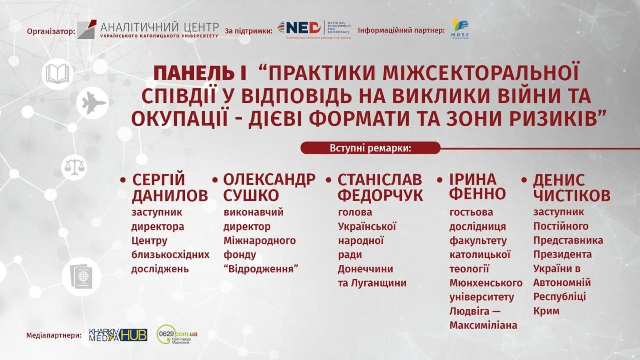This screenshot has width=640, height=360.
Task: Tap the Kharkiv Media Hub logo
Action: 118,335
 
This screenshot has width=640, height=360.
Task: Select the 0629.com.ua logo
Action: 177,334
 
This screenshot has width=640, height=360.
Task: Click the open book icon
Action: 58,74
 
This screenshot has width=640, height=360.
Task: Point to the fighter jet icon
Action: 93,103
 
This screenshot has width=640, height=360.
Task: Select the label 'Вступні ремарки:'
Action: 370,148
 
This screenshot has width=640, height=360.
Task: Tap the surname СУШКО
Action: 251,195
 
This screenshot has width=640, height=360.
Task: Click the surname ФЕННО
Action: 477,194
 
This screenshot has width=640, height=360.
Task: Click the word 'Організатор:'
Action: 51,32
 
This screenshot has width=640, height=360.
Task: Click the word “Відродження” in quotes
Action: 261,269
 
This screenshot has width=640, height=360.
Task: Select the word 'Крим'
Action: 546,311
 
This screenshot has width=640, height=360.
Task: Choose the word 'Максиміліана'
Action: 483,325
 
